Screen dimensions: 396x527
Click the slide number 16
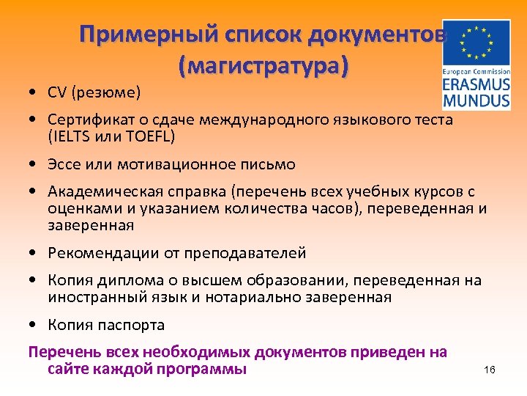click(490, 370)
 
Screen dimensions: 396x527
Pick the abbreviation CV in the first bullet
click(58, 93)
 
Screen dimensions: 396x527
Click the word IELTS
click(70, 136)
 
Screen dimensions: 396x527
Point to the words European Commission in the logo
click(476, 71)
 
